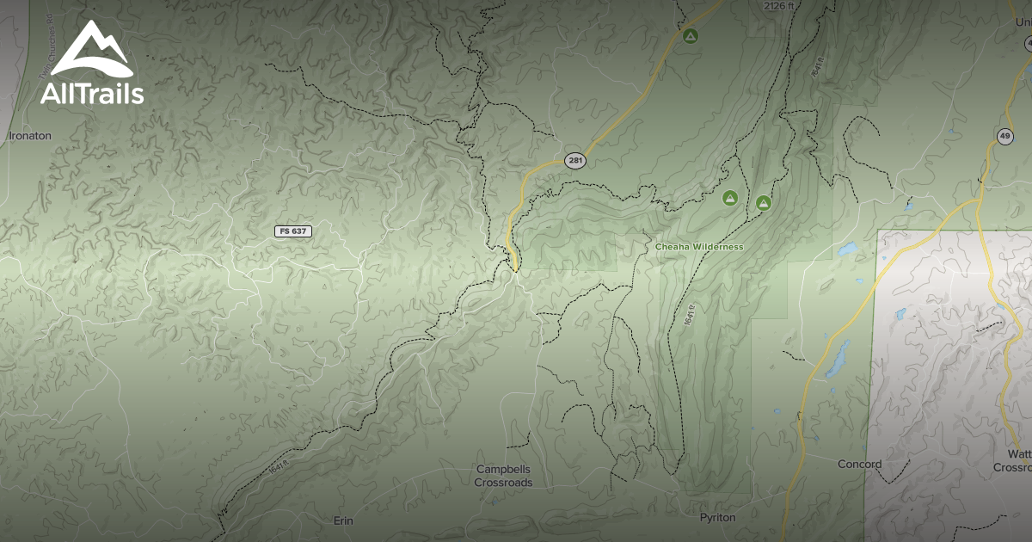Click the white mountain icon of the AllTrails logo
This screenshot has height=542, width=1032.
pyautogui.click(x=90, y=50)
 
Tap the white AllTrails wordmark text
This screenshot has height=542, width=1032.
pyautogui.click(x=91, y=94)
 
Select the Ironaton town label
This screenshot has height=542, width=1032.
pyautogui.click(x=30, y=136)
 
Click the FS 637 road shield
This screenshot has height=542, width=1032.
pyautogui.click(x=292, y=231)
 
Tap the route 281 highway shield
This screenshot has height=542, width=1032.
pyautogui.click(x=575, y=161)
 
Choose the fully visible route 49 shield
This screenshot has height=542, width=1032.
pyautogui.click(x=1004, y=137)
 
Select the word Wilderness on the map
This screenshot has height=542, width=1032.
pyautogui.click(x=719, y=247)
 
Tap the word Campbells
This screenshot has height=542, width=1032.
pyautogui.click(x=503, y=470)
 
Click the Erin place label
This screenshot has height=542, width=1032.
pyautogui.click(x=343, y=520)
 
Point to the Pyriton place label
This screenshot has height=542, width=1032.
pyautogui.click(x=718, y=517)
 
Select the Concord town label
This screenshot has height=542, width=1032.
pyautogui.click(x=860, y=465)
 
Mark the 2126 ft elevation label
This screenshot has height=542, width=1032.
pyautogui.click(x=779, y=6)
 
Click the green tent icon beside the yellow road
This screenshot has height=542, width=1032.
pyautogui.click(x=689, y=36)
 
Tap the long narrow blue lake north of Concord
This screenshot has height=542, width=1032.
pyautogui.click(x=834, y=359)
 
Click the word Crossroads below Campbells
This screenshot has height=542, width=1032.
pyautogui.click(x=503, y=483)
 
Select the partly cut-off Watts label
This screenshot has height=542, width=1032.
pyautogui.click(x=1019, y=453)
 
